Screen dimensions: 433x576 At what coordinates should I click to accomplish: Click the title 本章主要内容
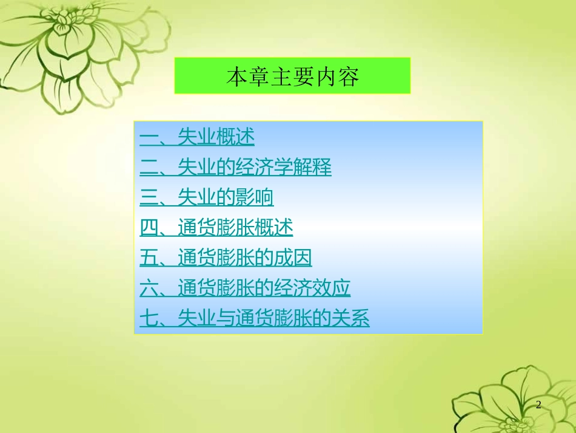[x=292, y=77]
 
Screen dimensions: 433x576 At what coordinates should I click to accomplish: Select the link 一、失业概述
[x=197, y=137]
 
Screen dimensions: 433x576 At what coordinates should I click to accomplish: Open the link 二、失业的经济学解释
[x=236, y=167]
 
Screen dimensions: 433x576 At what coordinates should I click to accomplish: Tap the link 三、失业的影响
[x=207, y=197]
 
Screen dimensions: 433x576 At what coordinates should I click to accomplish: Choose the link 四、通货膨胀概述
[x=216, y=228]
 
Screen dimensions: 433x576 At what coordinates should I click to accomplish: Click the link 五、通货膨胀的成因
[x=226, y=258]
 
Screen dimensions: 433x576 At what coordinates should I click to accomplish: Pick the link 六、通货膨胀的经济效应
[x=245, y=288]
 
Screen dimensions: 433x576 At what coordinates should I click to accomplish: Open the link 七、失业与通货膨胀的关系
[x=255, y=318]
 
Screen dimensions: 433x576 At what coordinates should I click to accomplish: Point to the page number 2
[x=538, y=405]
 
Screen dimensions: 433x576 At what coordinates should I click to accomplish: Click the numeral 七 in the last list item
[x=149, y=318]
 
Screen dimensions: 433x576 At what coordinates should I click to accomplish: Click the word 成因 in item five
[x=293, y=258]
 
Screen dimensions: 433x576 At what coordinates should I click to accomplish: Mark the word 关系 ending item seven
[x=351, y=318]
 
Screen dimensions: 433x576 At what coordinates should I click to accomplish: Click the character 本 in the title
[x=235, y=77]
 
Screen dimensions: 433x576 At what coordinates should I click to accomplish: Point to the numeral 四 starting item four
[x=149, y=228]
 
